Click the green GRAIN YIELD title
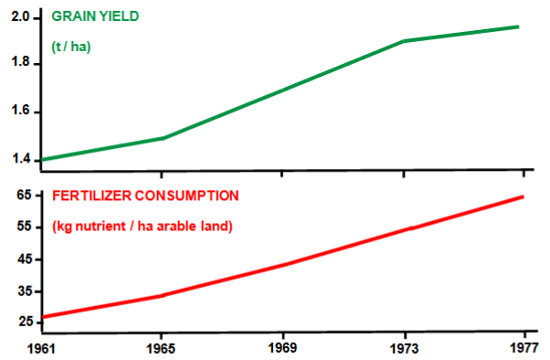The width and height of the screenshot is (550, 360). pyautogui.click(x=101, y=16)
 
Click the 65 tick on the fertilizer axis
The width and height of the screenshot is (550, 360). pyautogui.click(x=25, y=195)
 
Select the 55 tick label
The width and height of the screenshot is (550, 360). pyautogui.click(x=25, y=227)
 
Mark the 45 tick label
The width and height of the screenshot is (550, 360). pyautogui.click(x=25, y=259)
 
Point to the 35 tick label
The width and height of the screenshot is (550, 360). pyautogui.click(x=25, y=291)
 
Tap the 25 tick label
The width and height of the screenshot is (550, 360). pyautogui.click(x=25, y=323)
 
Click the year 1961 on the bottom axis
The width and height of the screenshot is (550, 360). pyautogui.click(x=42, y=349)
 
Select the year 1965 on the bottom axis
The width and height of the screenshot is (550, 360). pyautogui.click(x=162, y=349)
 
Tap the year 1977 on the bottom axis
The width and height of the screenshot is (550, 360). pyautogui.click(x=523, y=349)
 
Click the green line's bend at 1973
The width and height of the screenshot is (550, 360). pyautogui.click(x=403, y=41)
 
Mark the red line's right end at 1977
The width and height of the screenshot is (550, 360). pyautogui.click(x=523, y=196)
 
